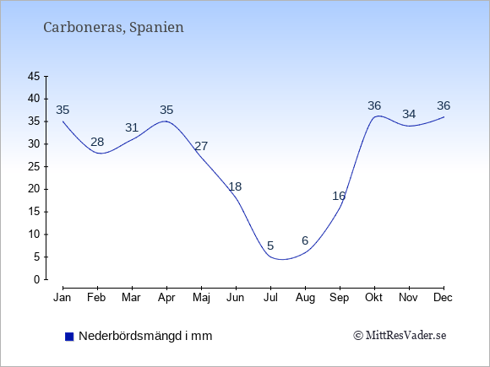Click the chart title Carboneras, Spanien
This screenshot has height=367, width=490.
pos(113,28)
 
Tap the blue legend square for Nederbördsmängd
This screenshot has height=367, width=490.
pos(69,337)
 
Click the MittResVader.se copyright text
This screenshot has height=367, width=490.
pos(400,336)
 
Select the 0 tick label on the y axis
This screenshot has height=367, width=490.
pos(37,279)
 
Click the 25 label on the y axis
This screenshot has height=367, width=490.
pos(34,166)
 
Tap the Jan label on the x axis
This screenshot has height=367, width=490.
pos(63,298)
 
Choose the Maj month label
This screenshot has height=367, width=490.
pos(201,298)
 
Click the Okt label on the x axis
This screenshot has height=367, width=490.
pos(373,298)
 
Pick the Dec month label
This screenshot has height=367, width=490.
pos(444,298)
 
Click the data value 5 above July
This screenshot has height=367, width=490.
pos(270,246)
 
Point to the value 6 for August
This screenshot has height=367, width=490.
pos(305,240)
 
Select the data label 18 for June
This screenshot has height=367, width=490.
pos(235,186)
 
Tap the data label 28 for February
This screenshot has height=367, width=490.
pos(97,142)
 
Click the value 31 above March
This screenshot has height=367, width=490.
pos(132,127)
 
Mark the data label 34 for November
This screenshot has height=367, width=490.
pos(409,114)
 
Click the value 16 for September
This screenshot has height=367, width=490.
pos(339,196)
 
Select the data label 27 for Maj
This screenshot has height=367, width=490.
pos(201,146)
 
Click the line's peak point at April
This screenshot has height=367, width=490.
pos(166,121)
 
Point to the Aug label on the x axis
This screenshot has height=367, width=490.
pos(305,298)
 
